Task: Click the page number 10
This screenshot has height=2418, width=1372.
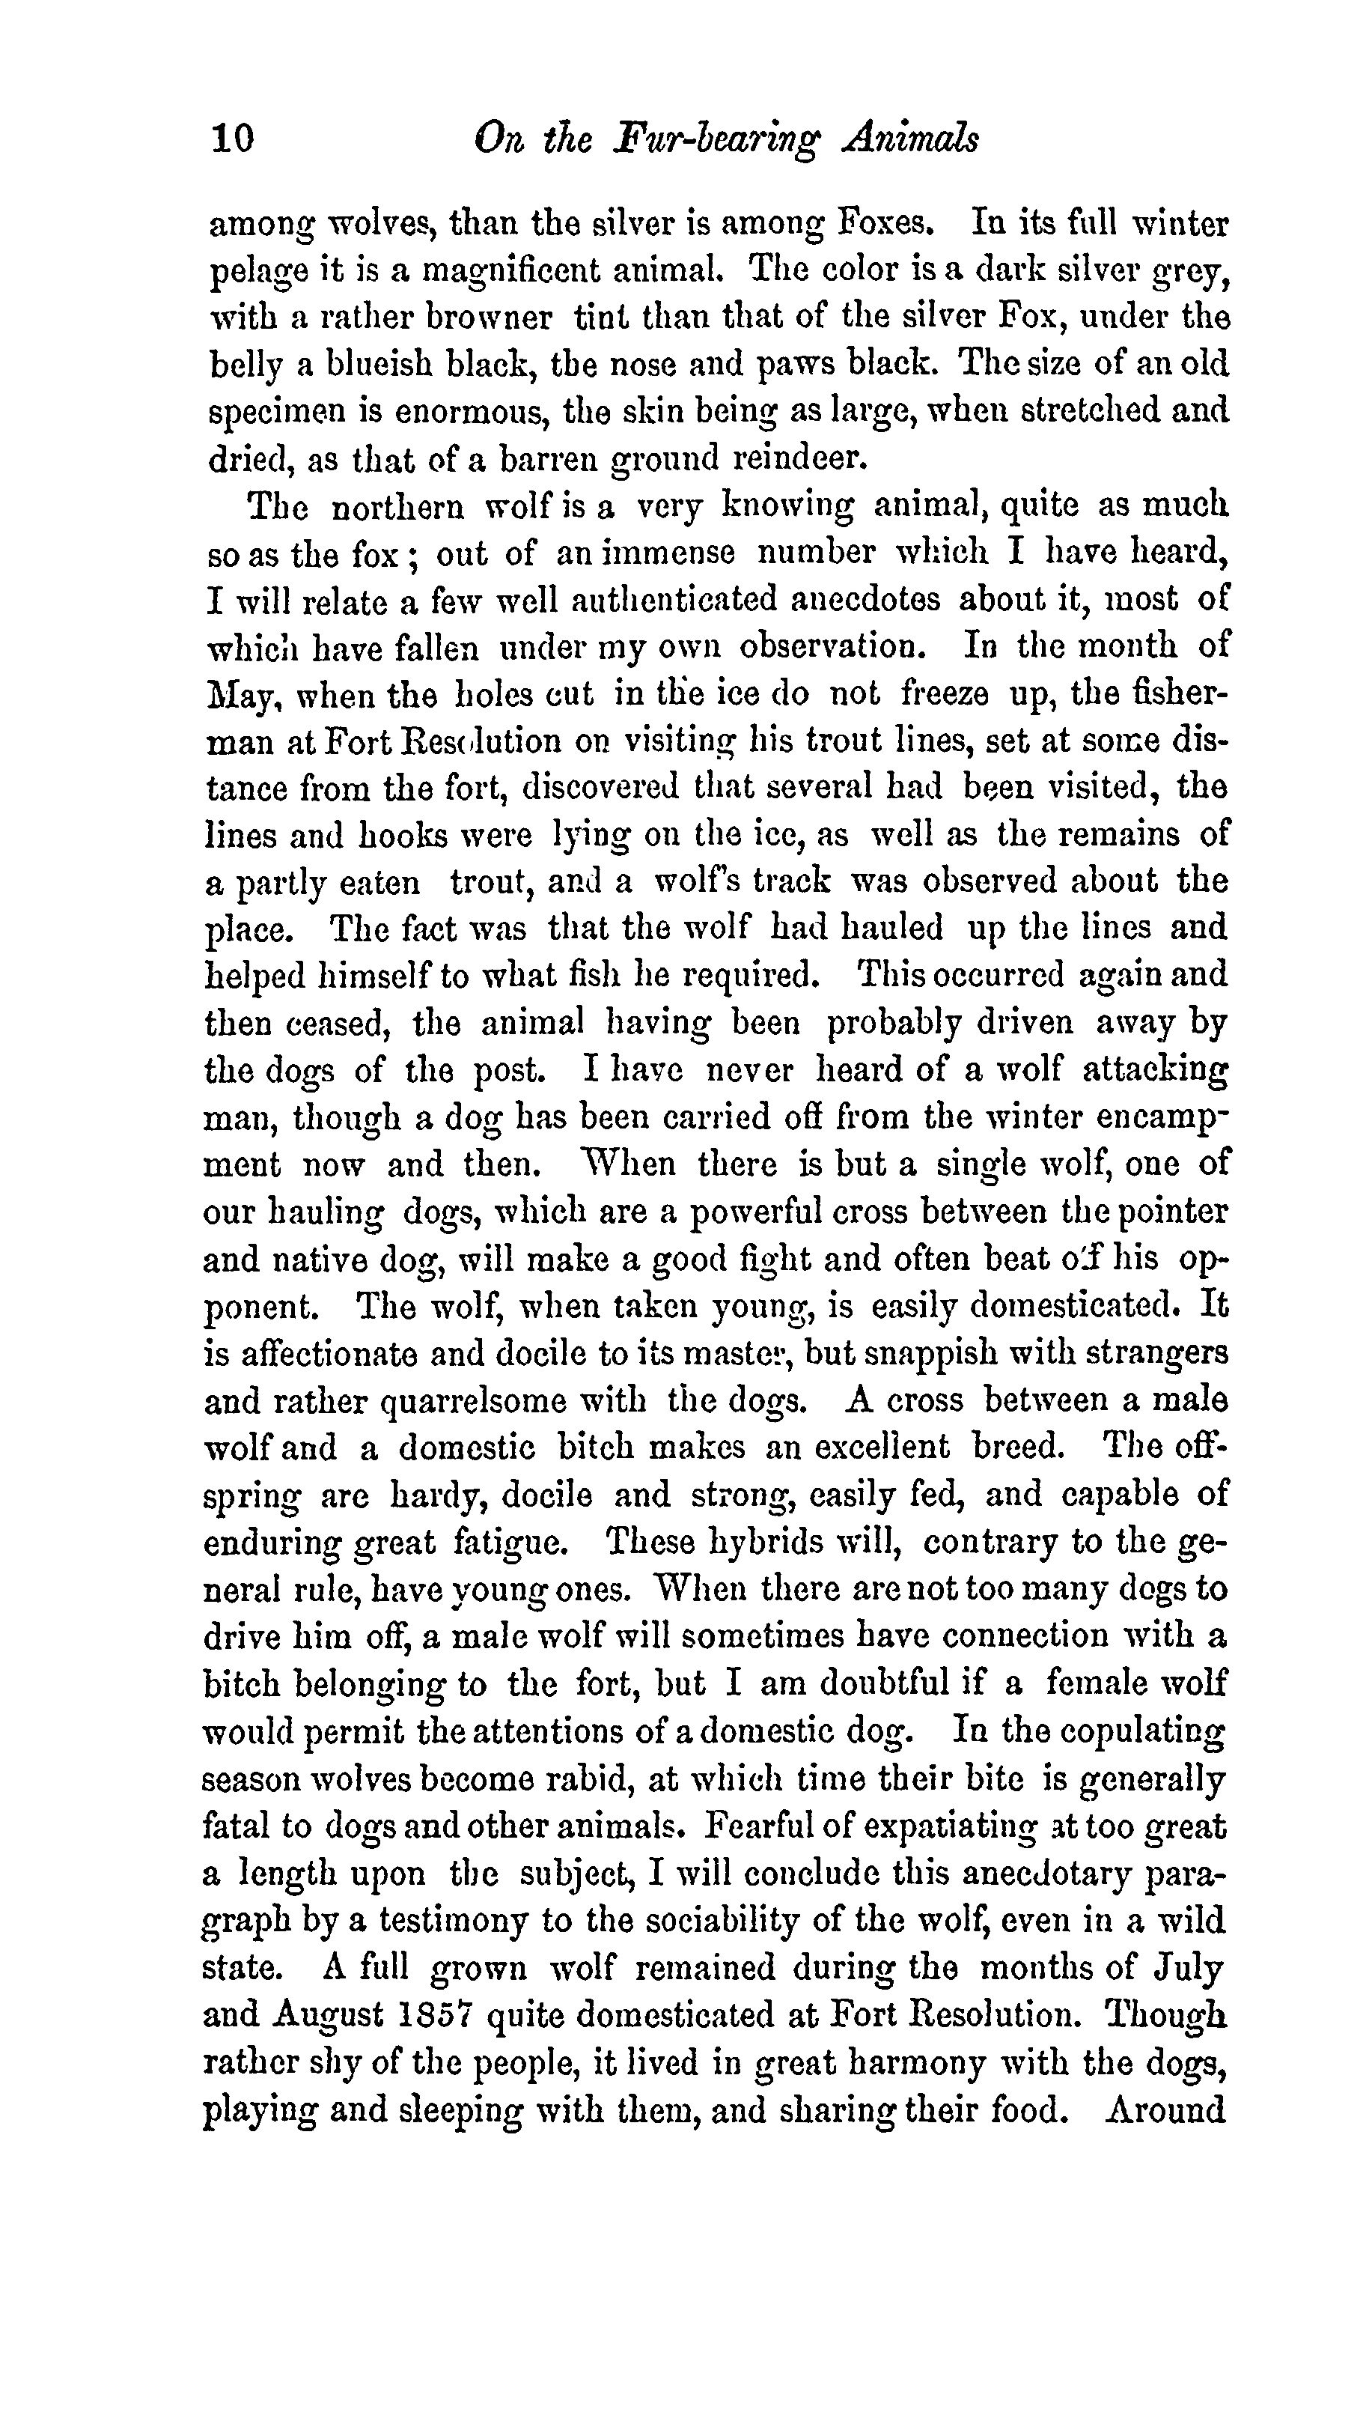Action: (232, 139)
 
